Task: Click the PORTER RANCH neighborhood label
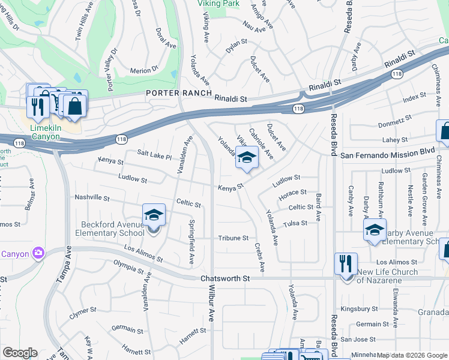(x=179, y=93)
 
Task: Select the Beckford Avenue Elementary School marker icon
(x=154, y=214)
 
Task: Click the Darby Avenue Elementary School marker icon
(x=375, y=230)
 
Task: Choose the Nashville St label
(x=92, y=197)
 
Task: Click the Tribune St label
(x=233, y=238)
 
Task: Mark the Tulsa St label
(x=295, y=223)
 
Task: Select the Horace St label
(x=293, y=193)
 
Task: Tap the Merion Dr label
(x=143, y=71)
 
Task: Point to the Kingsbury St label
(x=358, y=310)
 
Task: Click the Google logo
(x=20, y=353)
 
